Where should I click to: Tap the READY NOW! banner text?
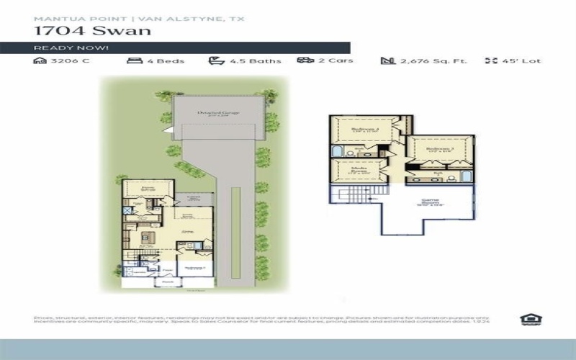[x=71, y=48]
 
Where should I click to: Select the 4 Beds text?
[x=166, y=61]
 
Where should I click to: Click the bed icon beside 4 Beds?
[x=134, y=61]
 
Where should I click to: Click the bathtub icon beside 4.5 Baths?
[x=215, y=61]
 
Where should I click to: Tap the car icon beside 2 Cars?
[x=305, y=61]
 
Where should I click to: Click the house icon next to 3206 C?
[x=40, y=61]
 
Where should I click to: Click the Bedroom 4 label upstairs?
[x=365, y=130]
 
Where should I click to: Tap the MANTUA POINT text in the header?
[x=63, y=18]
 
